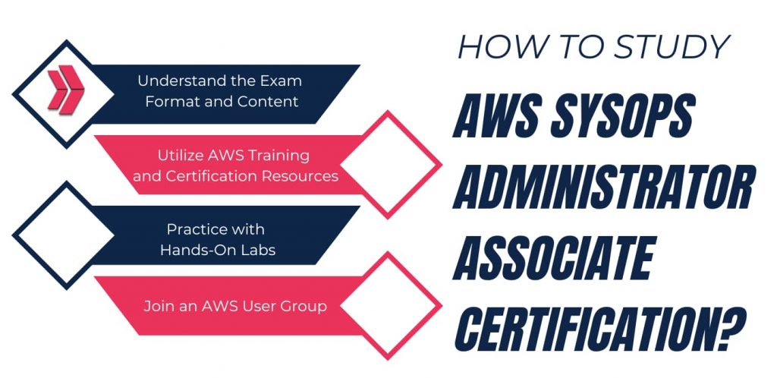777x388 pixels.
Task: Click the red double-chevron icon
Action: (66, 90)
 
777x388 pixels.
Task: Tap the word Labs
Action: (260, 250)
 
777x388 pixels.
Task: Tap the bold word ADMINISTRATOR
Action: (604, 188)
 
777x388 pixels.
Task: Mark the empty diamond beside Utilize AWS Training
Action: (391, 165)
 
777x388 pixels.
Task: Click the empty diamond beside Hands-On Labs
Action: (64, 235)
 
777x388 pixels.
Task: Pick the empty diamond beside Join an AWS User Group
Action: (391, 305)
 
